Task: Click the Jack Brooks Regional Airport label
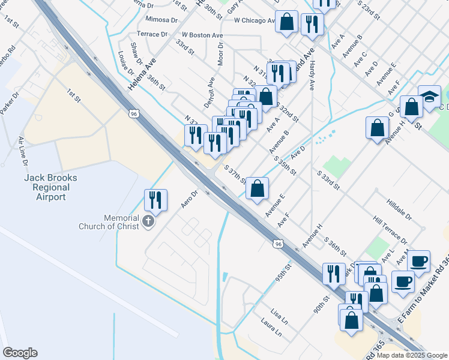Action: click(47, 188)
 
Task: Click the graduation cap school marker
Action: click(430, 97)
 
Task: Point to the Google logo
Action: click(20, 353)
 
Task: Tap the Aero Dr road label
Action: click(190, 199)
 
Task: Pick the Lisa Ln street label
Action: click(279, 316)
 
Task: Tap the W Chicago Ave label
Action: click(254, 20)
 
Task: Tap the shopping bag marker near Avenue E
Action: click(257, 188)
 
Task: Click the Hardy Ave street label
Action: click(312, 75)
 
